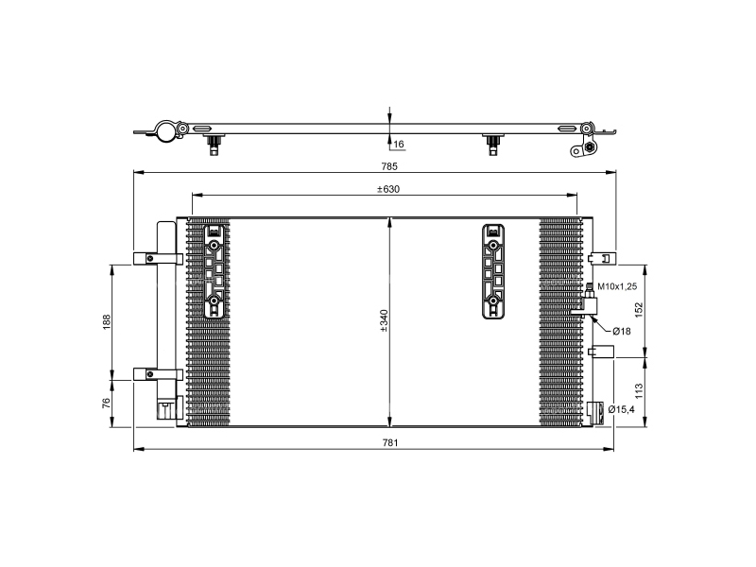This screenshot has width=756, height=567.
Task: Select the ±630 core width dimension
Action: point(387,189)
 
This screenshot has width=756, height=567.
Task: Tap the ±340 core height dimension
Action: point(384,322)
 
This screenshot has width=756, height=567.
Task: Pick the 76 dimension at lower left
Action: point(106,403)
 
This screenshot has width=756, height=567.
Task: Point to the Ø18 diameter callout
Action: point(620,331)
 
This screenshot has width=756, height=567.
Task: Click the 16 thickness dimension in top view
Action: point(398,145)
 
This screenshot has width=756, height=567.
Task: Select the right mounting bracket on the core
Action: point(492,271)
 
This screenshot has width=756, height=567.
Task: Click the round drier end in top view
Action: point(167,131)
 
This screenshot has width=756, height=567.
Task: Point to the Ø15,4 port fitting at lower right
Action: point(595,410)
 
